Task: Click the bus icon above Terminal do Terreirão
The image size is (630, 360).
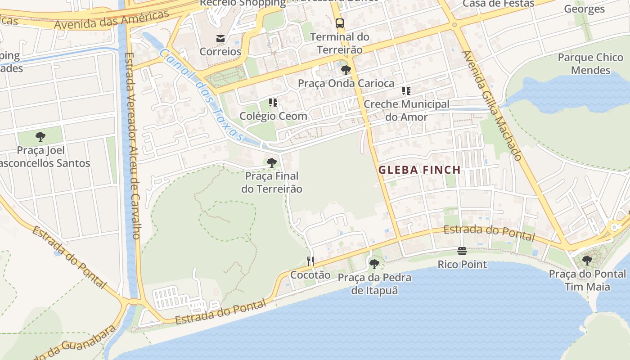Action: pyautogui.click(x=340, y=23)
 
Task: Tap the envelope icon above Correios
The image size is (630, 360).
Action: pyautogui.click(x=220, y=39)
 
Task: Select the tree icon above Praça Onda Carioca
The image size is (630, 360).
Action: pyautogui.click(x=346, y=70)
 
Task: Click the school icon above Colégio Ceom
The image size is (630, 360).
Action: pyautogui.click(x=273, y=103)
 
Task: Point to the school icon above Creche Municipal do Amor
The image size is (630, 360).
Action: pyautogui.click(x=406, y=91)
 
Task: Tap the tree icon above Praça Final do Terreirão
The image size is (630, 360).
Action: pyautogui.click(x=271, y=163)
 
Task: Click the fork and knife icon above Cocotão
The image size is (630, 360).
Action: pyautogui.click(x=310, y=261)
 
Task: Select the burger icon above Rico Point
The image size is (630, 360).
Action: pyautogui.click(x=462, y=251)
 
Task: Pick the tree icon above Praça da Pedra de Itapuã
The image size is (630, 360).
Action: pyautogui.click(x=374, y=264)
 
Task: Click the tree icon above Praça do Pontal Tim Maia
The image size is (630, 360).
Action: pyautogui.click(x=587, y=261)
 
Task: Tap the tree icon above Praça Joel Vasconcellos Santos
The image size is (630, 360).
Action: pyautogui.click(x=40, y=137)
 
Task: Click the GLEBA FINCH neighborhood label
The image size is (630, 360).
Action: pyautogui.click(x=419, y=170)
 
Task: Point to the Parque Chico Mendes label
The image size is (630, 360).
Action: pyautogui.click(x=590, y=64)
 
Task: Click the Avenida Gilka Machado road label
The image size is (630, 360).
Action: pyautogui.click(x=492, y=105)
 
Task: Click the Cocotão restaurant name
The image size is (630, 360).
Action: pyautogui.click(x=310, y=275)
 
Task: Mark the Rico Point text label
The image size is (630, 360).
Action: pyautogui.click(x=462, y=264)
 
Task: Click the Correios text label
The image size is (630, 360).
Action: pyautogui.click(x=220, y=51)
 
